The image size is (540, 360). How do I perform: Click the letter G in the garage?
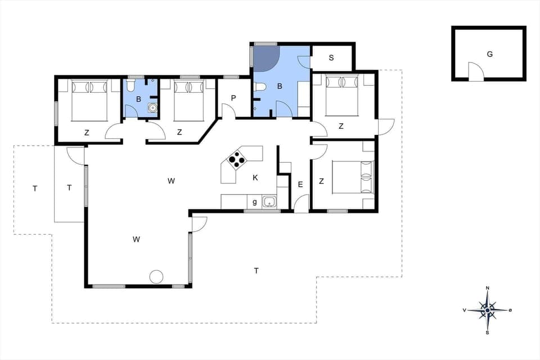(489, 55)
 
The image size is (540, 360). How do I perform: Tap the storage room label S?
(331, 57)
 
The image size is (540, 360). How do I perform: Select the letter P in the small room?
(233, 97)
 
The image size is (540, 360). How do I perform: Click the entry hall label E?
(300, 184)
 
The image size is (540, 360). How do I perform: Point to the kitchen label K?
(255, 178)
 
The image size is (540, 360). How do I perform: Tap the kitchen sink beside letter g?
(269, 201)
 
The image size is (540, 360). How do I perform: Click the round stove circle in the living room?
(156, 277)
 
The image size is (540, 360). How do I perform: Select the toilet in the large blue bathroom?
(260, 87)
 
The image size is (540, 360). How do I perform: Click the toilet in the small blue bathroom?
(130, 86)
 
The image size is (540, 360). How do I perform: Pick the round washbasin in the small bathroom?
(151, 109)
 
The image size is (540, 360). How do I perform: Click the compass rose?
(487, 310)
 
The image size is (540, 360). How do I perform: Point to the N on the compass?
(487, 289)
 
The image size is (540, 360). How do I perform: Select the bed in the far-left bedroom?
(89, 100)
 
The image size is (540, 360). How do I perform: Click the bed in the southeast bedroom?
(352, 177)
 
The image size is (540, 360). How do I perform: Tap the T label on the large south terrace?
(256, 271)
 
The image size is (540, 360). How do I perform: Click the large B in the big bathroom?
(279, 86)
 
